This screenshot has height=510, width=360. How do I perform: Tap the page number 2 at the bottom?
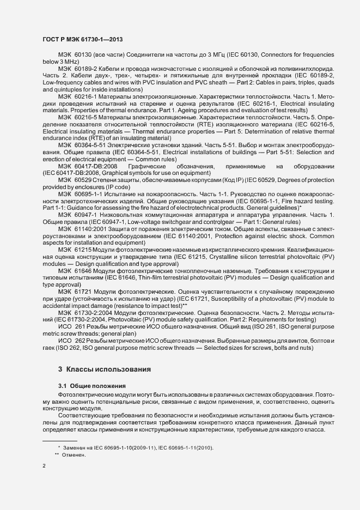[x=44, y=466]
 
